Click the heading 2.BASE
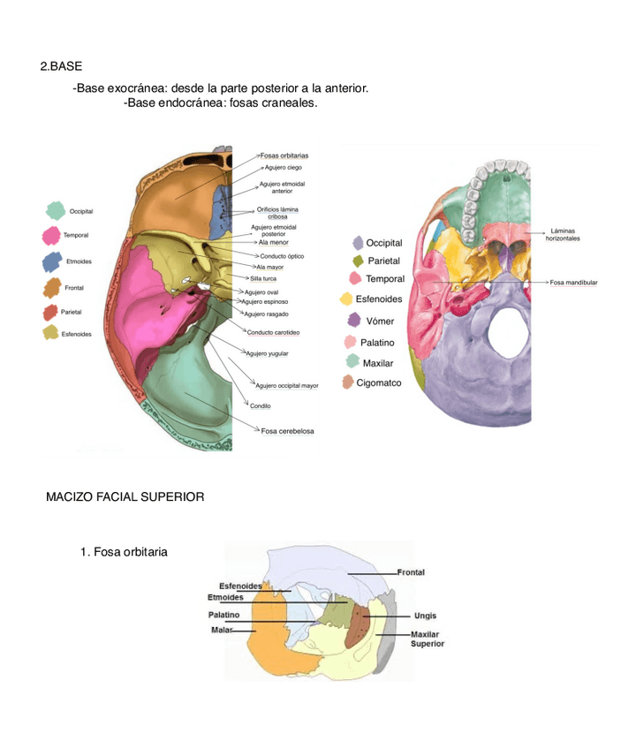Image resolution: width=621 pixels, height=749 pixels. click(x=61, y=67)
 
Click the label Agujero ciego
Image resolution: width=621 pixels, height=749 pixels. click(x=283, y=167)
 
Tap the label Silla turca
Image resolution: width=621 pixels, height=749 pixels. click(x=263, y=278)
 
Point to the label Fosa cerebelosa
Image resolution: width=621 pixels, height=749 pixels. click(x=287, y=431)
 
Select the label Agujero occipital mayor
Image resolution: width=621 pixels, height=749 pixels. click(x=287, y=386)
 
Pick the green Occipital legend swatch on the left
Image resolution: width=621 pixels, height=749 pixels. click(x=56, y=210)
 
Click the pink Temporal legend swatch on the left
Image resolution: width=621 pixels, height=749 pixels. click(x=51, y=236)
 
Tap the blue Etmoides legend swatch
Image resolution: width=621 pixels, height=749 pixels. click(x=51, y=261)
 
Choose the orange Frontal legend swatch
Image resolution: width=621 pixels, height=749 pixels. click(x=51, y=287)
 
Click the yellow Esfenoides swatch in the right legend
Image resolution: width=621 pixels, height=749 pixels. click(x=347, y=299)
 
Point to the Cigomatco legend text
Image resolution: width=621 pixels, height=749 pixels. click(x=379, y=383)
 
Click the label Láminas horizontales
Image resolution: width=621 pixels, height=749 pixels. click(x=563, y=235)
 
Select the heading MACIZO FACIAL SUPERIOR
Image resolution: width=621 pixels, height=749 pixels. click(x=125, y=497)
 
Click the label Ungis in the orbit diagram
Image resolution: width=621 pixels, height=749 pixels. click(x=424, y=616)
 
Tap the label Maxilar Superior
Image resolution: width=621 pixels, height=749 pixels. click(x=428, y=639)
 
